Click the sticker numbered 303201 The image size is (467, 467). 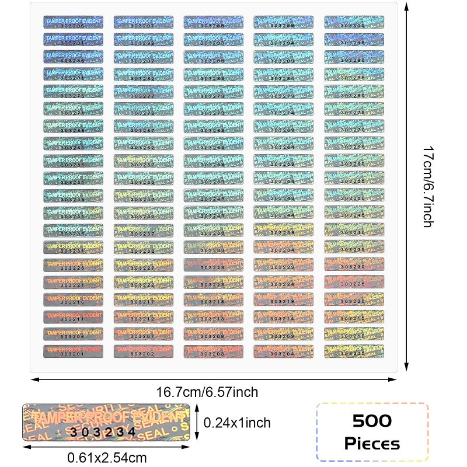click(73, 351)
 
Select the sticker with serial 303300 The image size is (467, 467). click(354, 22)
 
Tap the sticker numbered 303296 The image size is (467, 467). click(73, 22)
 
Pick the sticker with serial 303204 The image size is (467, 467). click(283, 351)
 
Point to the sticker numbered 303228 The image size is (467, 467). click(213, 264)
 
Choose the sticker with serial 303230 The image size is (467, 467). click(354, 264)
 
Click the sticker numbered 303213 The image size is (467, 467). click(213, 316)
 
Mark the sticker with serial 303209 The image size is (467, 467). click(283, 333)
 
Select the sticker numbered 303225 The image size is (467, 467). click(354, 282)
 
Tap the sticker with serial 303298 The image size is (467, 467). click(213, 22)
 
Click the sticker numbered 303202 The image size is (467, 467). click(143, 351)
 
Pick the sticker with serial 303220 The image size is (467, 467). click(354, 299)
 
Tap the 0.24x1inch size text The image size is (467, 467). click(236, 422)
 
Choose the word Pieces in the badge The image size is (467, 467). click(372, 444)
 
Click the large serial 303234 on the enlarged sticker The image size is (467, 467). click(102, 432)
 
